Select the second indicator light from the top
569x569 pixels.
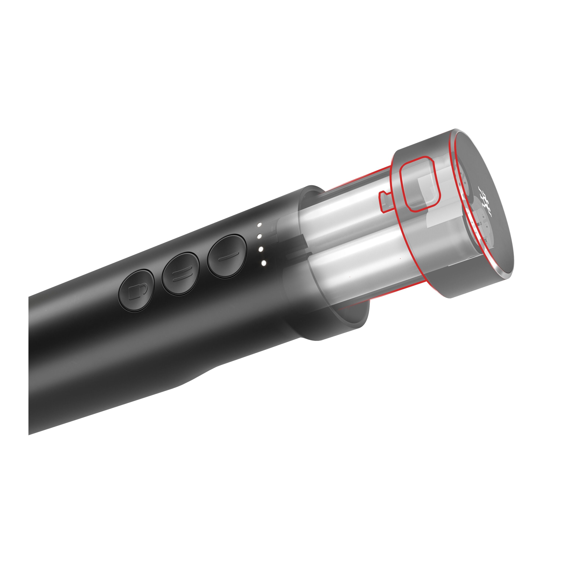pyautogui.click(x=260, y=236)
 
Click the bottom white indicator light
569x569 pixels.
pyautogui.click(x=263, y=263)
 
